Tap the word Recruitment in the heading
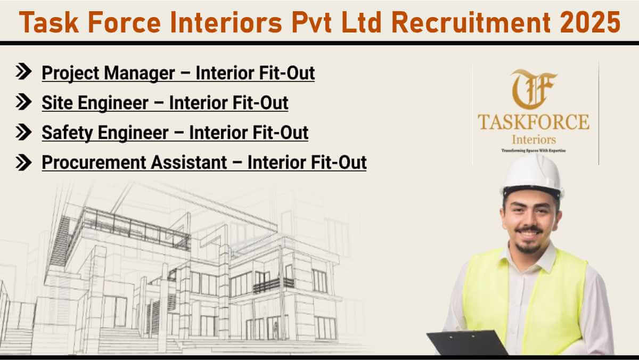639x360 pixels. (471, 22)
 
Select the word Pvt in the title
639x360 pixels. (311, 22)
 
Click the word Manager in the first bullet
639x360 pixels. (139, 73)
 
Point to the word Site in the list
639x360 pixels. (57, 103)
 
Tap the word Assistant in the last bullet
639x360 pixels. (189, 162)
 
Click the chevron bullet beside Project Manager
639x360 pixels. (23, 71)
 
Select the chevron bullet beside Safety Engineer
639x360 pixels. (23, 132)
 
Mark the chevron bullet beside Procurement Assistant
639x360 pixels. (23, 162)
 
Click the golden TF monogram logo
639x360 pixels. (533, 89)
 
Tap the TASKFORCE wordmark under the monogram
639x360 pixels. (534, 122)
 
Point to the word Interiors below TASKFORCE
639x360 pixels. (534, 140)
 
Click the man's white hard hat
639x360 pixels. (532, 177)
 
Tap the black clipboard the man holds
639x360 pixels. (466, 343)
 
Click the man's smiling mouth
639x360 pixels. (529, 234)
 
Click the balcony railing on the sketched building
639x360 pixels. (273, 285)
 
